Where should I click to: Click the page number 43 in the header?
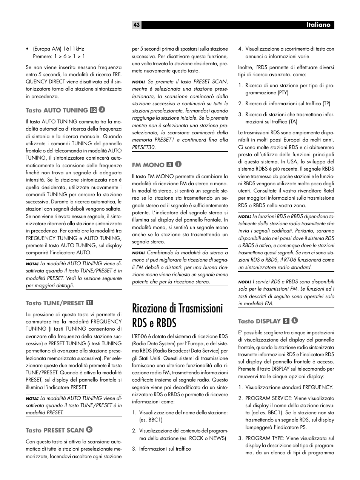pos(136,25)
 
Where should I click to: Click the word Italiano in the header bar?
pos(318,25)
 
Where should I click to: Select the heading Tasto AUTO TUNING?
pos(57,110)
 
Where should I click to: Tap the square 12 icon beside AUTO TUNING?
pos(93,110)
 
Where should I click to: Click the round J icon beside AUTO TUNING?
pos(102,110)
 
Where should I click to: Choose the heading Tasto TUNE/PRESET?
pos(55,303)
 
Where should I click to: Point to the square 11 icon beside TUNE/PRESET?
pos(90,303)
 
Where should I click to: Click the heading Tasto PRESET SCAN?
pos(55,430)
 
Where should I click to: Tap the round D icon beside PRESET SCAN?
pos(89,430)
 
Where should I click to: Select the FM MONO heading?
pos(148,165)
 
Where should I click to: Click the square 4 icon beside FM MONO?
pos(170,165)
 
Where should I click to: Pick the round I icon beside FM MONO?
pos(178,165)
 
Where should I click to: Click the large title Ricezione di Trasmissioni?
pos(177,309)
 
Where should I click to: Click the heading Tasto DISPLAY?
pos(259,321)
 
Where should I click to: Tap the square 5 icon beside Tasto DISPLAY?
pos(286,321)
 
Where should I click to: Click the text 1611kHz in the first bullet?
pos(74,49)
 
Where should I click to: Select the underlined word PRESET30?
pos(143,147)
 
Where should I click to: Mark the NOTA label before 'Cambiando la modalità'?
pos(138,253)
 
